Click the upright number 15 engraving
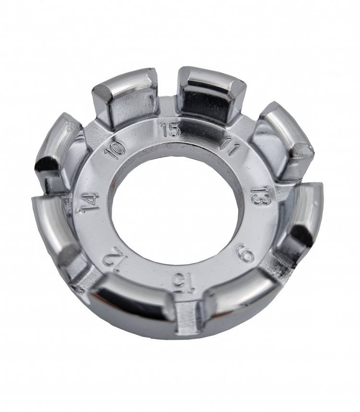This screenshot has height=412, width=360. coord(171,130)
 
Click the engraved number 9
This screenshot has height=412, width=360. coord(245,253)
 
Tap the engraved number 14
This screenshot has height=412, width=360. coord(90,202)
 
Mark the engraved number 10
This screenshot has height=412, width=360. coord(115,151)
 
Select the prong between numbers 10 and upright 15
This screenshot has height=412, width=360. coord(125,97)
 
